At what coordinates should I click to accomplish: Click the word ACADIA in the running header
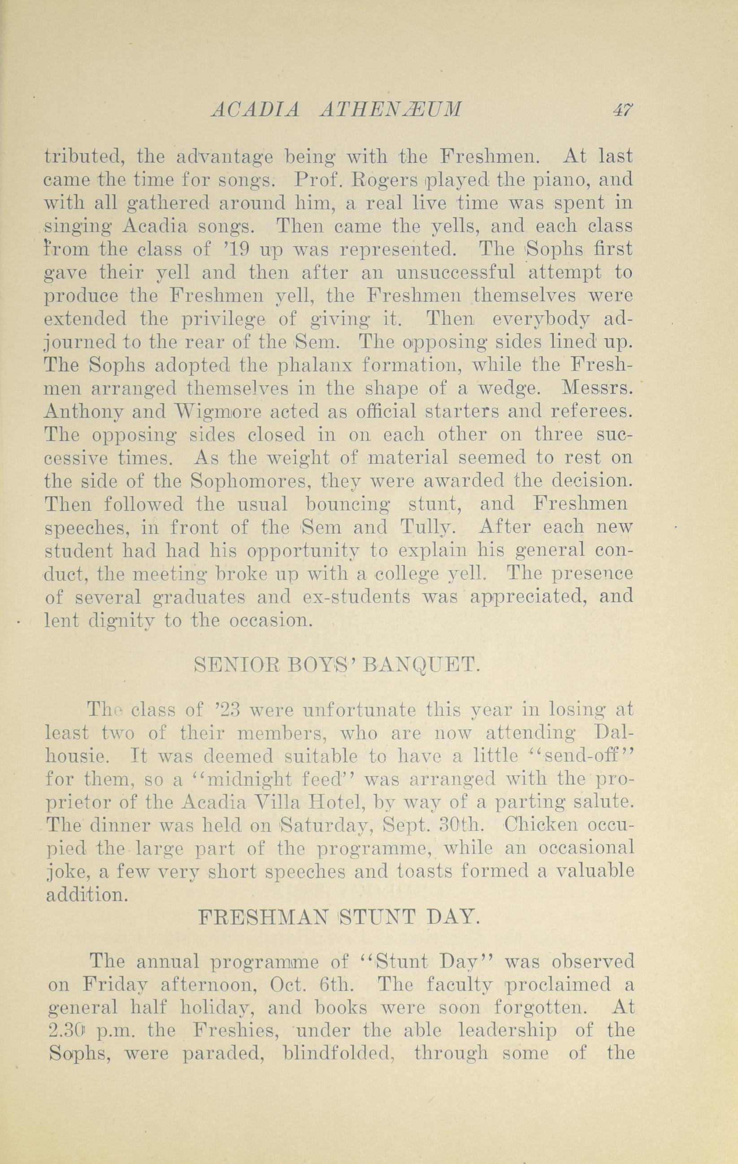tap(255, 110)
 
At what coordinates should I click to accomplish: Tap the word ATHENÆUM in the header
tap(390, 110)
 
